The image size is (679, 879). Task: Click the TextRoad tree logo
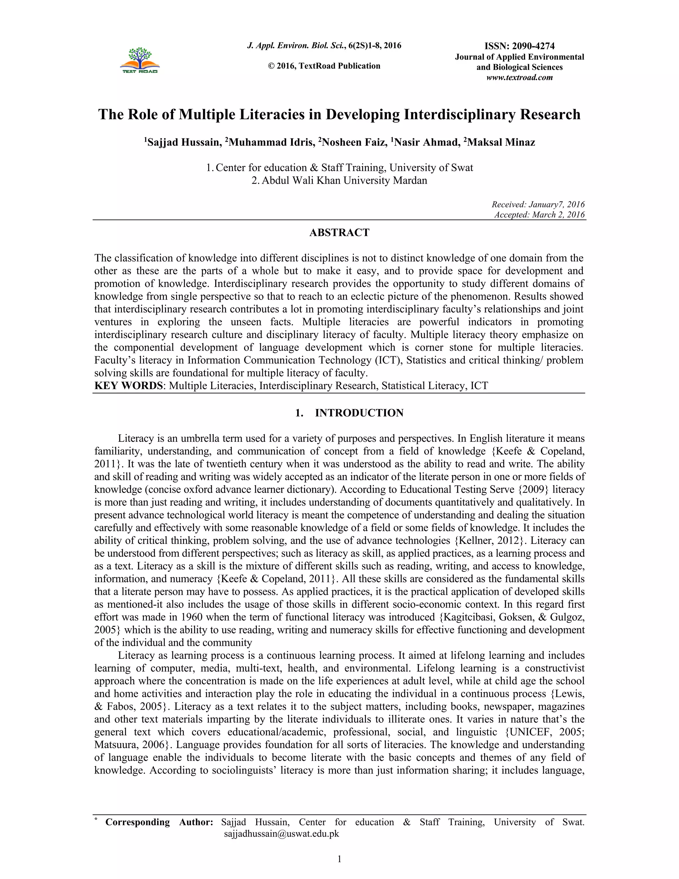[140, 60]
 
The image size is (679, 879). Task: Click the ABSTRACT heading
[339, 233]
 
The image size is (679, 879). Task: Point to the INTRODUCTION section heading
[359, 413]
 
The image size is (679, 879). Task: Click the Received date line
[538, 204]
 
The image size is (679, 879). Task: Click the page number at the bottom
[339, 859]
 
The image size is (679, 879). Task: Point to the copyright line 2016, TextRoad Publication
[324, 66]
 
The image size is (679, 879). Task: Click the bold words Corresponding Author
[159, 822]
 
